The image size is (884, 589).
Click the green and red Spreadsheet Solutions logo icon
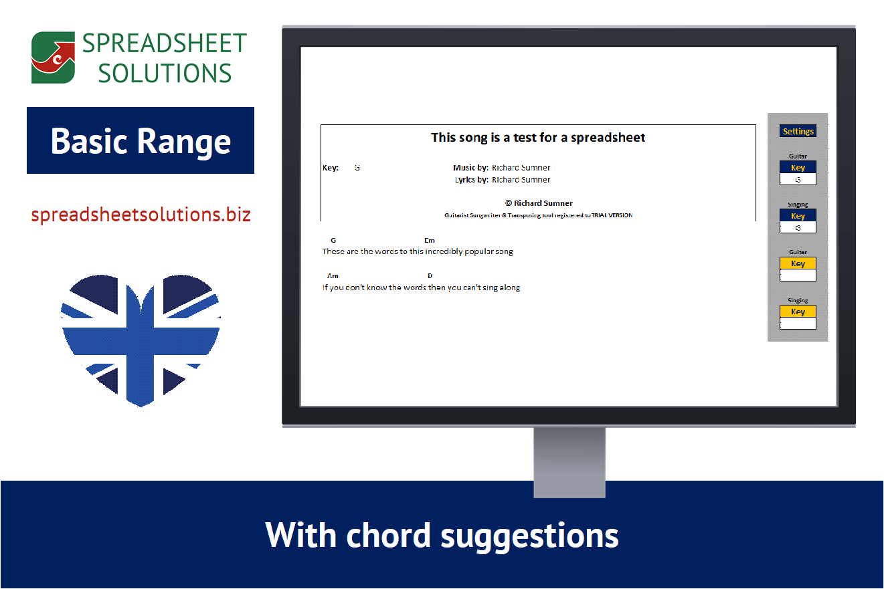pyautogui.click(x=53, y=57)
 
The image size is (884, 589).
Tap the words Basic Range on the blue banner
pyautogui.click(x=141, y=141)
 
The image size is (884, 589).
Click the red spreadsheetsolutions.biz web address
pyautogui.click(x=141, y=215)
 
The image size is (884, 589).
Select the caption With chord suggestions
pyautogui.click(x=442, y=535)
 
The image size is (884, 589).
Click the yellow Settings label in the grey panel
pyautogui.click(x=798, y=131)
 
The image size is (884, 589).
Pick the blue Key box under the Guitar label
pyautogui.click(x=798, y=167)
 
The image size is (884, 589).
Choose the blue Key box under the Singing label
pyautogui.click(x=798, y=216)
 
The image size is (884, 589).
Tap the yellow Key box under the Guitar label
pyautogui.click(x=798, y=263)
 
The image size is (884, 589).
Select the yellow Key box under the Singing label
pyautogui.click(x=798, y=312)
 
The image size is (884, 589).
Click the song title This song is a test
pyautogui.click(x=538, y=138)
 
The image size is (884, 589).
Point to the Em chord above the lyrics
pyautogui.click(x=429, y=240)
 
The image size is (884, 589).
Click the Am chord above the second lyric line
pyautogui.click(x=333, y=275)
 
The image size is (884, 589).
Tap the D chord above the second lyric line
pyautogui.click(x=430, y=275)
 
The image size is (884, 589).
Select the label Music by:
pyautogui.click(x=470, y=168)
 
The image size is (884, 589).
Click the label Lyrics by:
pyautogui.click(x=471, y=180)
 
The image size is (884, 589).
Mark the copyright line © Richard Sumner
pyautogui.click(x=539, y=203)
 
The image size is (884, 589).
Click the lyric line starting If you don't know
pyautogui.click(x=421, y=287)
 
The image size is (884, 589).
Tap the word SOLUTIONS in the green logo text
pyautogui.click(x=165, y=73)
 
